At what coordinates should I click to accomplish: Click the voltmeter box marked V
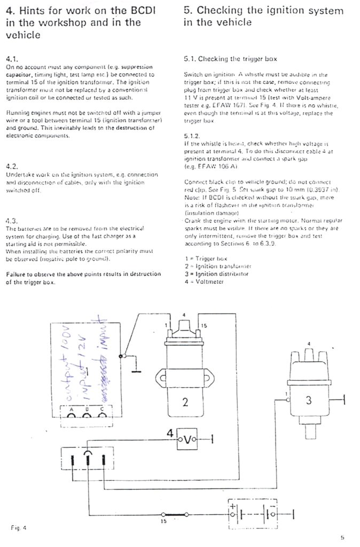tap(187, 439)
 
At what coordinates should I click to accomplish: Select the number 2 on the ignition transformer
tap(185, 402)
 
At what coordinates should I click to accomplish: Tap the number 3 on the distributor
tap(309, 402)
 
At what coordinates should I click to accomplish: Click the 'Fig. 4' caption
tap(19, 528)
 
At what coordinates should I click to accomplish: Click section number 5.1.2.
tap(192, 136)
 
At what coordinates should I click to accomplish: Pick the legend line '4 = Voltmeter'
tap(204, 281)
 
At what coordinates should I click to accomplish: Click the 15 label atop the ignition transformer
tap(204, 325)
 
